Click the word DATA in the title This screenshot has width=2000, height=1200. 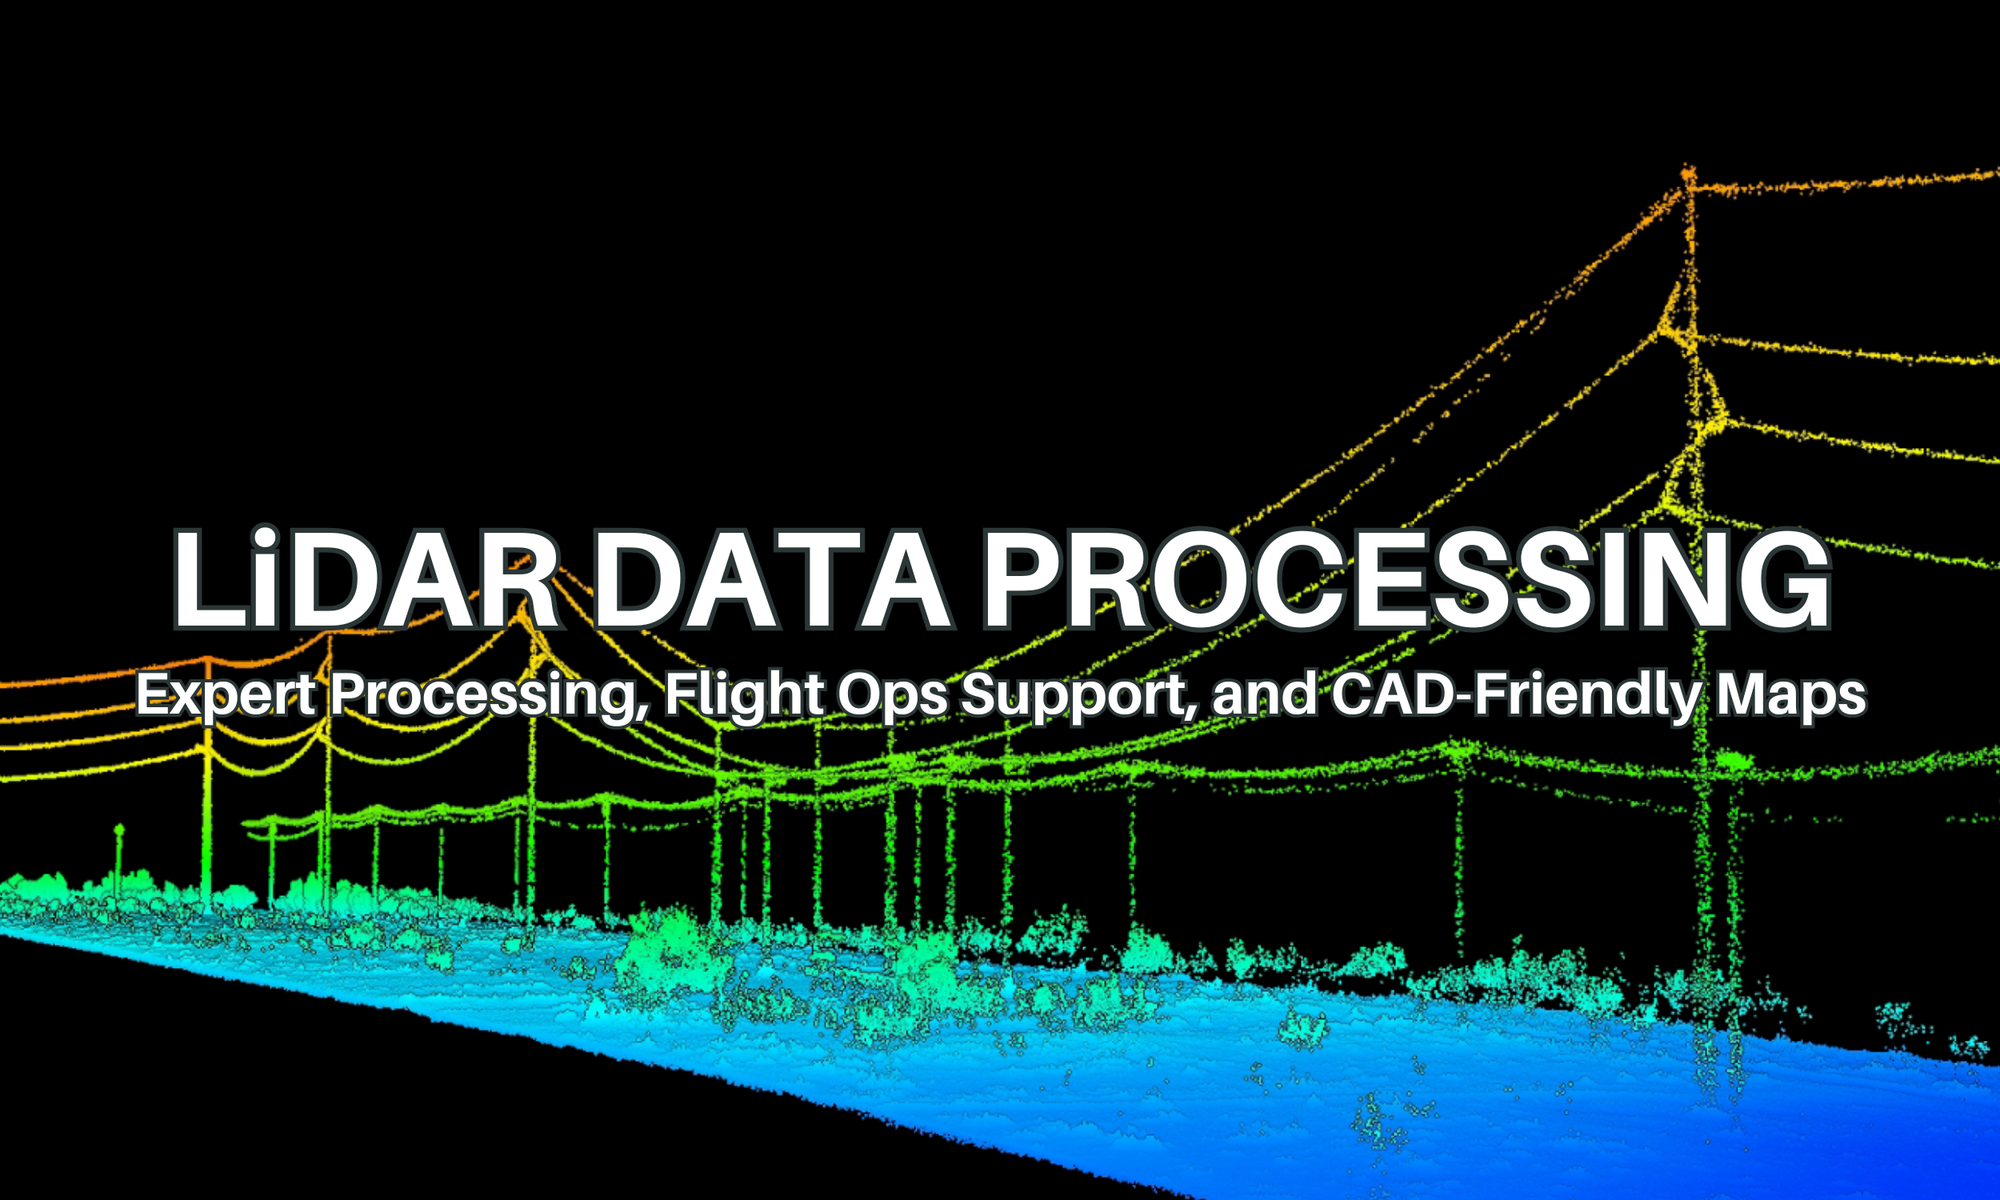(x=771, y=581)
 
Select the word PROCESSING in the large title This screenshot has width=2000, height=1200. (x=1406, y=581)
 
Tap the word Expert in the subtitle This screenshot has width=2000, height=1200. (x=225, y=695)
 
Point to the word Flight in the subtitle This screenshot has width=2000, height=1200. (x=744, y=695)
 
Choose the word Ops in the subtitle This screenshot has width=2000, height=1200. (x=891, y=695)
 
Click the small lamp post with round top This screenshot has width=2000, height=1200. (x=119, y=831)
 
